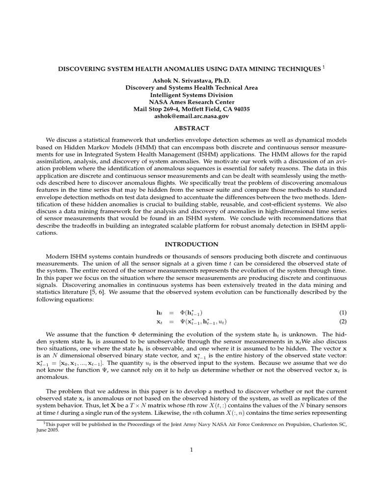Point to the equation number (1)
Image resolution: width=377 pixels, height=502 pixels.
(343, 313)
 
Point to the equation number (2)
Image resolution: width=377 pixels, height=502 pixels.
(343, 322)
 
